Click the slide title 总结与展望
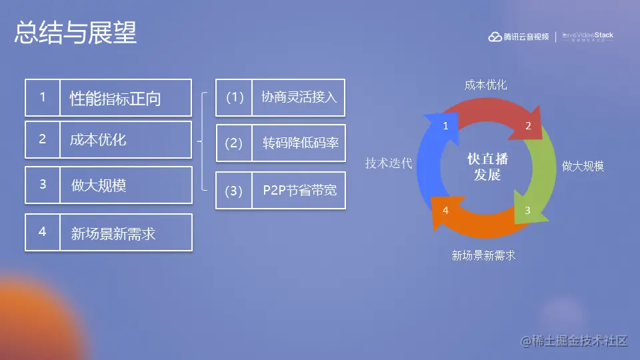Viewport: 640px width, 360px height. pyautogui.click(x=75, y=33)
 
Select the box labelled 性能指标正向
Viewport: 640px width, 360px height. pyautogui.click(x=125, y=98)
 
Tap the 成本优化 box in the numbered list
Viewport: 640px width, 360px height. pyautogui.click(x=125, y=139)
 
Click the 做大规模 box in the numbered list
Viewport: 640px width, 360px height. pyautogui.click(x=125, y=185)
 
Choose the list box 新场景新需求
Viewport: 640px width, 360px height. pyautogui.click(x=125, y=233)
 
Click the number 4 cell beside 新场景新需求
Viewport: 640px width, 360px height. pyautogui.click(x=43, y=232)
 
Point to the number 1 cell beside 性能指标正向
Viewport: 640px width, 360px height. pyautogui.click(x=43, y=97)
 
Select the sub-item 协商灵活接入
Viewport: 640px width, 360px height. pyautogui.click(x=299, y=97)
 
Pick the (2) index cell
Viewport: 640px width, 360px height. pyautogui.click(x=234, y=143)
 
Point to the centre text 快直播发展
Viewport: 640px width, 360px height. pyautogui.click(x=484, y=167)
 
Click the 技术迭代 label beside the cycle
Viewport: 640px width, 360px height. pyautogui.click(x=389, y=163)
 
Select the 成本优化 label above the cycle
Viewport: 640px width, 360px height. pyautogui.click(x=485, y=85)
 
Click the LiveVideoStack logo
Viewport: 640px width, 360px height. pyautogui.click(x=587, y=37)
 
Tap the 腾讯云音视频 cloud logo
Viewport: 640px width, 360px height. pyautogui.click(x=518, y=37)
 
